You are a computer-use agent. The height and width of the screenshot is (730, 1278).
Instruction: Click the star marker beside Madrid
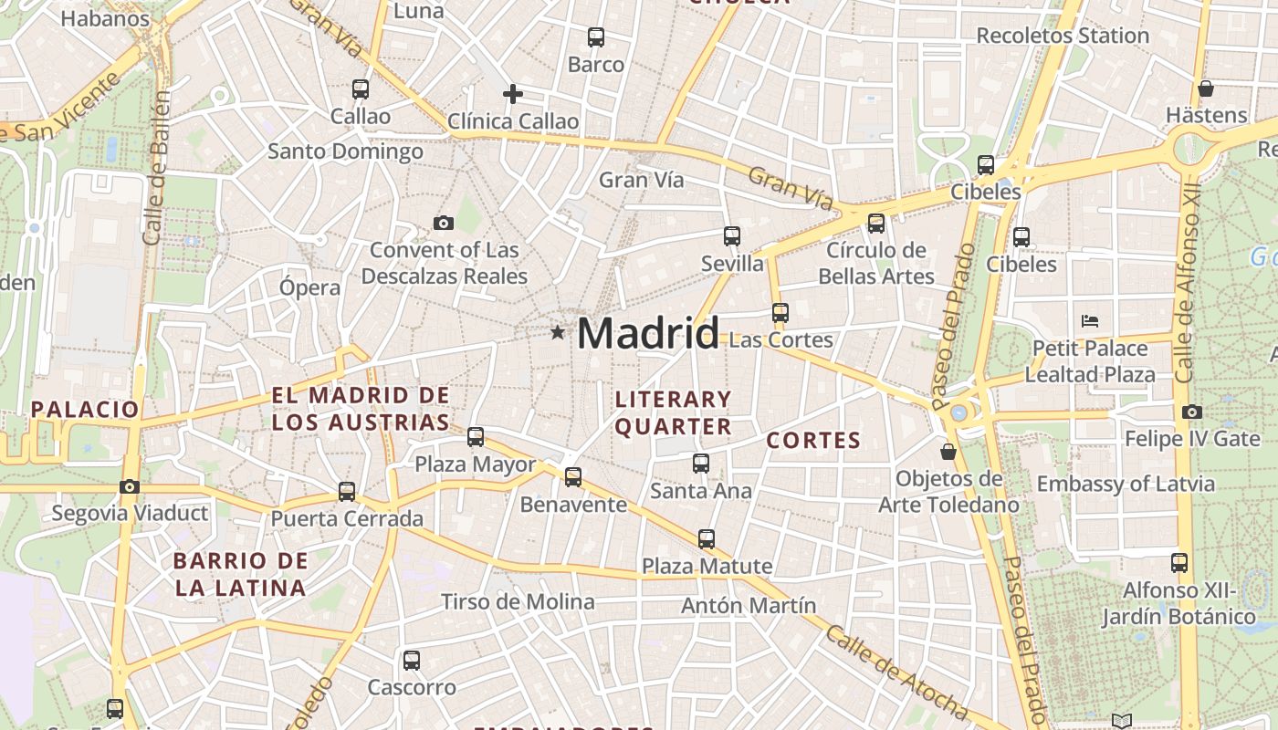pyautogui.click(x=558, y=332)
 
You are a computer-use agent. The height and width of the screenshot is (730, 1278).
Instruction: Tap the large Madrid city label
pyautogui.click(x=647, y=333)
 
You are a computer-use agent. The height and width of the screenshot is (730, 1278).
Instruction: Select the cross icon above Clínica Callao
pyautogui.click(x=513, y=93)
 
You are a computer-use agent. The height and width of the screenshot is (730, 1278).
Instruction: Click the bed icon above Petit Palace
pyautogui.click(x=1090, y=320)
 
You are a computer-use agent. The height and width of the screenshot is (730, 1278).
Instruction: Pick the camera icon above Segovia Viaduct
pyautogui.click(x=130, y=486)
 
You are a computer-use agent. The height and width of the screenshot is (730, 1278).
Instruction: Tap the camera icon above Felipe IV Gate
pyautogui.click(x=1191, y=412)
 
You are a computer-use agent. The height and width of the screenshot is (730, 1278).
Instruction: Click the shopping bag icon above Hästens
pyautogui.click(x=1206, y=89)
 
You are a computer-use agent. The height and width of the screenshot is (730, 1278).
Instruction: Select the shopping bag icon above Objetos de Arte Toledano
pyautogui.click(x=948, y=452)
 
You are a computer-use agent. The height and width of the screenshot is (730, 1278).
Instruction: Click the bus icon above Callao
pyautogui.click(x=361, y=89)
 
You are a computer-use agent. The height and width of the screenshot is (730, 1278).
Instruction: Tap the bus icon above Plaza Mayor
pyautogui.click(x=476, y=437)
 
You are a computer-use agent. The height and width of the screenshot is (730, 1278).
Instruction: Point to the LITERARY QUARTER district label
pyautogui.click(x=674, y=412)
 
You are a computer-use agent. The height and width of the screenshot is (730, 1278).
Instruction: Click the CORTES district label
pyautogui.click(x=813, y=441)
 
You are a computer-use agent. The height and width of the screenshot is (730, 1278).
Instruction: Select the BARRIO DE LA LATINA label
pyautogui.click(x=240, y=574)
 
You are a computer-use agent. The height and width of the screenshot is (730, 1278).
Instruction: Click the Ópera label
pyautogui.click(x=309, y=287)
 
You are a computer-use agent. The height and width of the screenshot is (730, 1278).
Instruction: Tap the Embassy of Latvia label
pyautogui.click(x=1126, y=484)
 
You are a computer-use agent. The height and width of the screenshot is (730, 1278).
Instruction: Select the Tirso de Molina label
pyautogui.click(x=518, y=601)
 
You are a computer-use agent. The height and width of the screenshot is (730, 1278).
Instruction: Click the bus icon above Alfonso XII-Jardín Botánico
pyautogui.click(x=1179, y=563)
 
